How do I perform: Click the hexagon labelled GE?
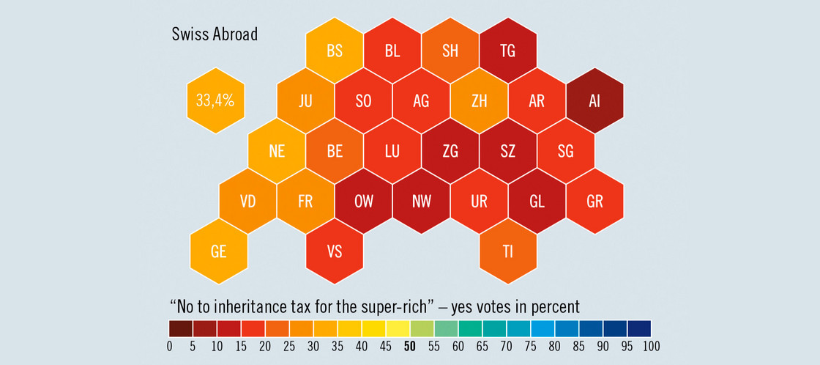click(x=218, y=251)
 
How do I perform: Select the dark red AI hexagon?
click(x=594, y=101)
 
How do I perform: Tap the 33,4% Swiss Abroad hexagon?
click(x=215, y=101)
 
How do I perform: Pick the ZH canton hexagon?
click(x=479, y=101)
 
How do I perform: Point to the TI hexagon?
click(x=507, y=251)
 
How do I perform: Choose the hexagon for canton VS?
click(x=334, y=251)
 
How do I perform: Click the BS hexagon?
click(x=334, y=51)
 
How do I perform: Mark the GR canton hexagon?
click(x=594, y=202)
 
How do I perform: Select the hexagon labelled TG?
click(x=507, y=51)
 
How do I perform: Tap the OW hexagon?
click(x=363, y=202)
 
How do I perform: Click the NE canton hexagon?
click(x=276, y=152)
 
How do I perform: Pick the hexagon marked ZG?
click(x=450, y=152)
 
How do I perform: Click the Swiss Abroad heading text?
click(x=214, y=34)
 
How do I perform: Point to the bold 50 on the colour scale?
click(x=410, y=346)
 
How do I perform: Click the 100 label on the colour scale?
click(x=651, y=346)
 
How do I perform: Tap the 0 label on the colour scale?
click(x=169, y=346)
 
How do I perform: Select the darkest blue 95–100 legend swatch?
click(x=639, y=328)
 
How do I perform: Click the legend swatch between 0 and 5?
click(x=181, y=328)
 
